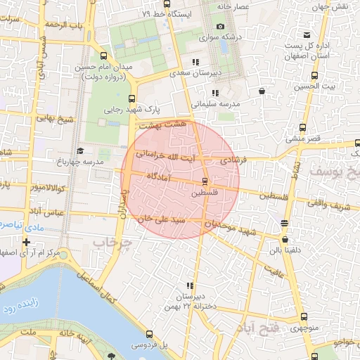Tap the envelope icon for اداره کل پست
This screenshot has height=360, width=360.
(307, 35)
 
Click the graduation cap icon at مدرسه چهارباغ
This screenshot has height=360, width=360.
(80, 150)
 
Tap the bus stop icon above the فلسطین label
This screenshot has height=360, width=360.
(205, 181)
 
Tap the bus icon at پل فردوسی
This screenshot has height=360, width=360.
(148, 335)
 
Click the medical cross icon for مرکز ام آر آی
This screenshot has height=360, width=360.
(26, 242)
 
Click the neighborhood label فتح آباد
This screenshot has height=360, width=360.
(261, 327)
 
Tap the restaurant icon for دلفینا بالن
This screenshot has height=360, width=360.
(284, 224)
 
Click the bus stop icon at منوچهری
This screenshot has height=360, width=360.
(304, 316)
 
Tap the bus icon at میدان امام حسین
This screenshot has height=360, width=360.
(105, 56)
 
